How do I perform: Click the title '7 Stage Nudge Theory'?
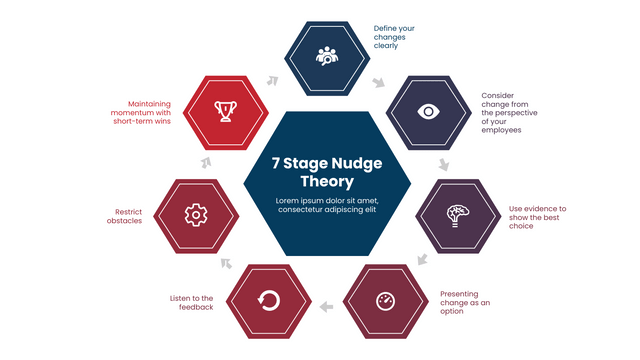(x=326, y=171)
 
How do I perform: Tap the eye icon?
(x=427, y=110)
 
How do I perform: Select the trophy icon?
(x=225, y=110)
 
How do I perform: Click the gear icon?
(x=196, y=213)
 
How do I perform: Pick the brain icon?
(x=457, y=213)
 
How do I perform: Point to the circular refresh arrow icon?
(x=268, y=299)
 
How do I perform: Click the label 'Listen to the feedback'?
(x=191, y=302)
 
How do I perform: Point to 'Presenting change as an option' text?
(x=466, y=301)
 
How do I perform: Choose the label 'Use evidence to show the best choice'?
(x=537, y=217)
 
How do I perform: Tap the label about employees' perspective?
(x=515, y=112)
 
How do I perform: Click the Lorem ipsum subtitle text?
(x=326, y=205)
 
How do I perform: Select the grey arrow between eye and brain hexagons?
(x=444, y=163)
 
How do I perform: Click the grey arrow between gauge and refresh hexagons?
(x=326, y=305)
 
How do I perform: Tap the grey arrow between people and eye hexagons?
(x=378, y=81)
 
